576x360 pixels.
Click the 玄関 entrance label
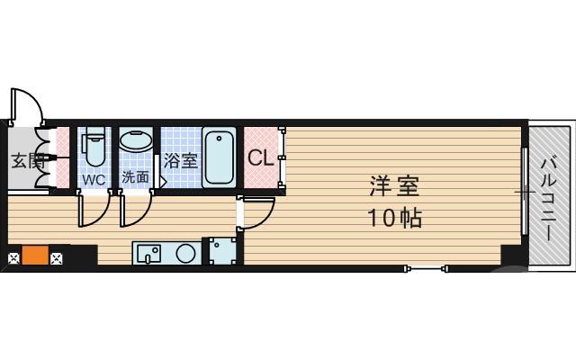[27, 162]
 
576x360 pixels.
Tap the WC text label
[94, 179]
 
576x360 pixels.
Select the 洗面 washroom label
[136, 177]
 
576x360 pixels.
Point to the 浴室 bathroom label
[181, 162]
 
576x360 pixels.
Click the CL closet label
[261, 159]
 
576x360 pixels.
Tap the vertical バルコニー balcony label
[549, 198]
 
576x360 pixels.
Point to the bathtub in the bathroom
[220, 157]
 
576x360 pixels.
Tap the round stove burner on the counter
[186, 253]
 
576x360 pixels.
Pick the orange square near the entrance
[35, 255]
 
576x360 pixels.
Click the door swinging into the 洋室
[259, 213]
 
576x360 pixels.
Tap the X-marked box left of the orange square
[13, 260]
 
